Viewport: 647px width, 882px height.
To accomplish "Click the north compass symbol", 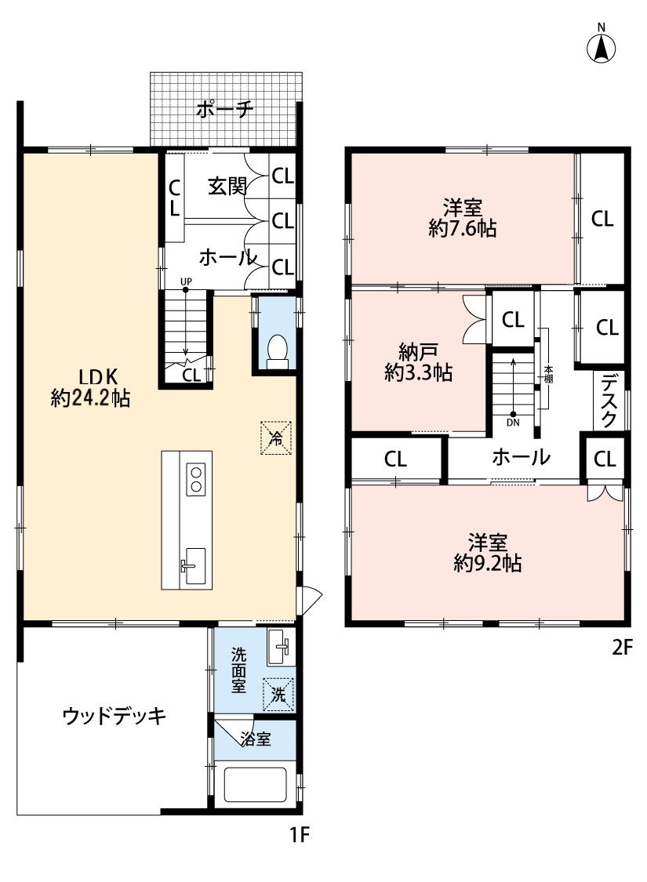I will point(602,49).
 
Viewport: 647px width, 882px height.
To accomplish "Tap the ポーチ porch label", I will point(224,109).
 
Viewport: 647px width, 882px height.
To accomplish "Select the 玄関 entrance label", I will point(227,186).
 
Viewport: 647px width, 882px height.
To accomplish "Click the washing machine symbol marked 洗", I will point(278,693).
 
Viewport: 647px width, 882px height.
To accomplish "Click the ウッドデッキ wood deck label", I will point(114,716).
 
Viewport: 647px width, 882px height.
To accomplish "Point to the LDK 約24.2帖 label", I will point(90,387).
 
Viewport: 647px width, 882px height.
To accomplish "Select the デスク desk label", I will point(609,401).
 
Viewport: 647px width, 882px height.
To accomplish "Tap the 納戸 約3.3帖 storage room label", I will point(418,361).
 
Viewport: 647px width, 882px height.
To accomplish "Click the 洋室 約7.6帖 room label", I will point(463,218).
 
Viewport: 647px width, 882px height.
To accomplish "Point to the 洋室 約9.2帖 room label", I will point(488,552).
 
